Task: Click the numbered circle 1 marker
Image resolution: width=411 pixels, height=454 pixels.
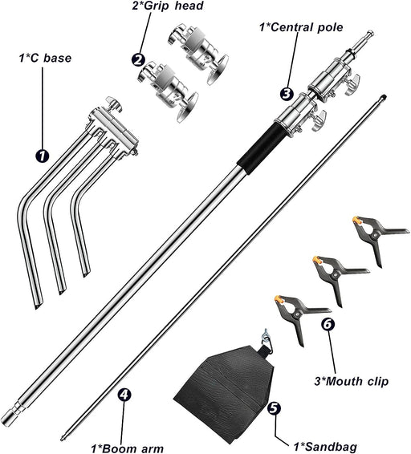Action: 43,156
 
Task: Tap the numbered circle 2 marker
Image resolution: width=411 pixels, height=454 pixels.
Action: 139,60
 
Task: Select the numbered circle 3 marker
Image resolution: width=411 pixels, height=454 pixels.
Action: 287,94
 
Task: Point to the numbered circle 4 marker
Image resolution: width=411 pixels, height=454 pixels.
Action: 124,395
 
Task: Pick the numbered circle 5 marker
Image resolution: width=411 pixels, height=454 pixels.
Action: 274,407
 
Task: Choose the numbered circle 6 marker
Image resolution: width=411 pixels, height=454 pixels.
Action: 328,324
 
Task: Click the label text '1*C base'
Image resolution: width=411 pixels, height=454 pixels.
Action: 45,58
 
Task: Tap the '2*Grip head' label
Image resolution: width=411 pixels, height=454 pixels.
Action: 168,6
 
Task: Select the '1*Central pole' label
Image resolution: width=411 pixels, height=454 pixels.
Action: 301,27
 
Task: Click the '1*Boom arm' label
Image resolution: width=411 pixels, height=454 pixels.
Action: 127,448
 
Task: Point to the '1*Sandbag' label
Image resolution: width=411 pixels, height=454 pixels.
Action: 325,446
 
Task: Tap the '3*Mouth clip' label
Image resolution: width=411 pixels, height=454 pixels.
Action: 352,381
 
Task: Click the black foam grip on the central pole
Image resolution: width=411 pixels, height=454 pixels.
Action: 260,148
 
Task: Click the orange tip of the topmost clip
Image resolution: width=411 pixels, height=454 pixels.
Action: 356,220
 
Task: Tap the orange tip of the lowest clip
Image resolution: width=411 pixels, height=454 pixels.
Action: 278,299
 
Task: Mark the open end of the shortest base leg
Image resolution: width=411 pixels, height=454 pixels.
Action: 86,273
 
